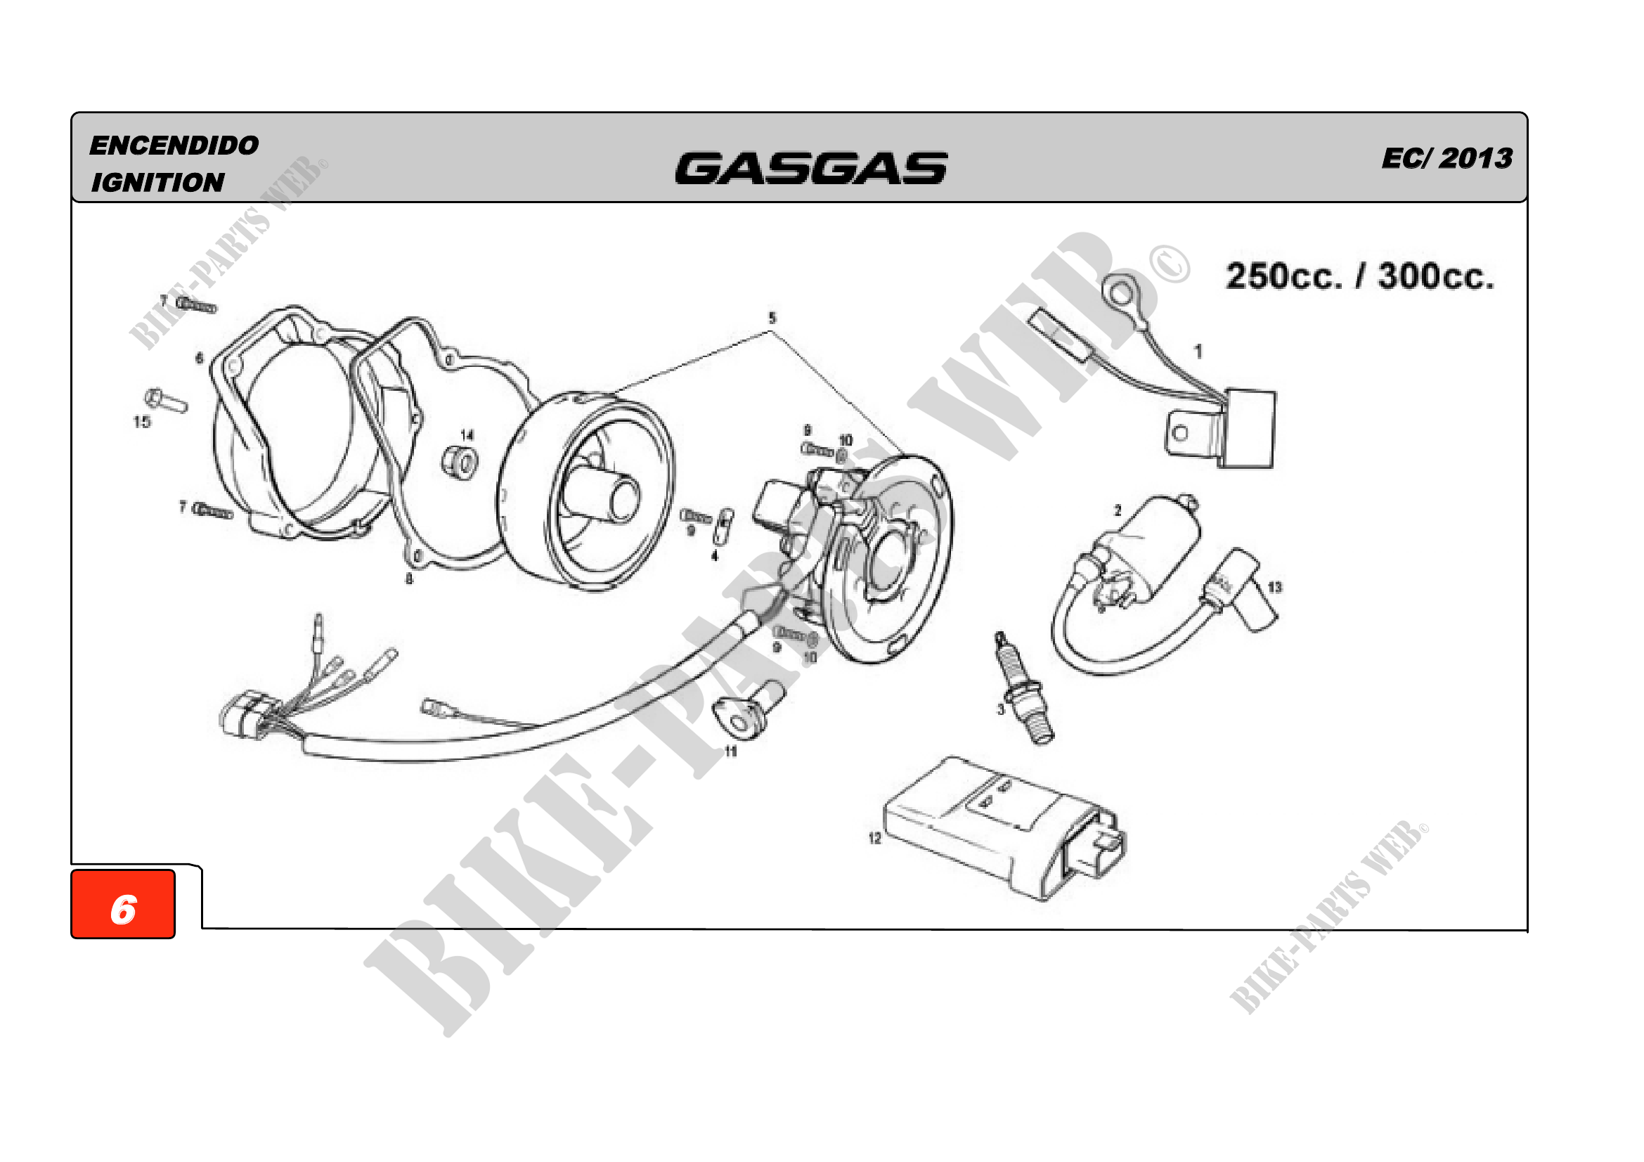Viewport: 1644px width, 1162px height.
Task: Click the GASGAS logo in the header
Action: (810, 169)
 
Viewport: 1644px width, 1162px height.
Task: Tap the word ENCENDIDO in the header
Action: (174, 146)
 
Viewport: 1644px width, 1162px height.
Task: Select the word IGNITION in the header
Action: (157, 183)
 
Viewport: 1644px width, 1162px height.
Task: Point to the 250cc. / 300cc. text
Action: (1360, 276)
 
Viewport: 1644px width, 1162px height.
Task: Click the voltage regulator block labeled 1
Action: (1250, 428)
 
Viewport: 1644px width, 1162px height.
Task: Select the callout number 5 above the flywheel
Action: (772, 318)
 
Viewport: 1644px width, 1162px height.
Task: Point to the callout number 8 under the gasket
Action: (409, 579)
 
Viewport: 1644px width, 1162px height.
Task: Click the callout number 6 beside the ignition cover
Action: (199, 358)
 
